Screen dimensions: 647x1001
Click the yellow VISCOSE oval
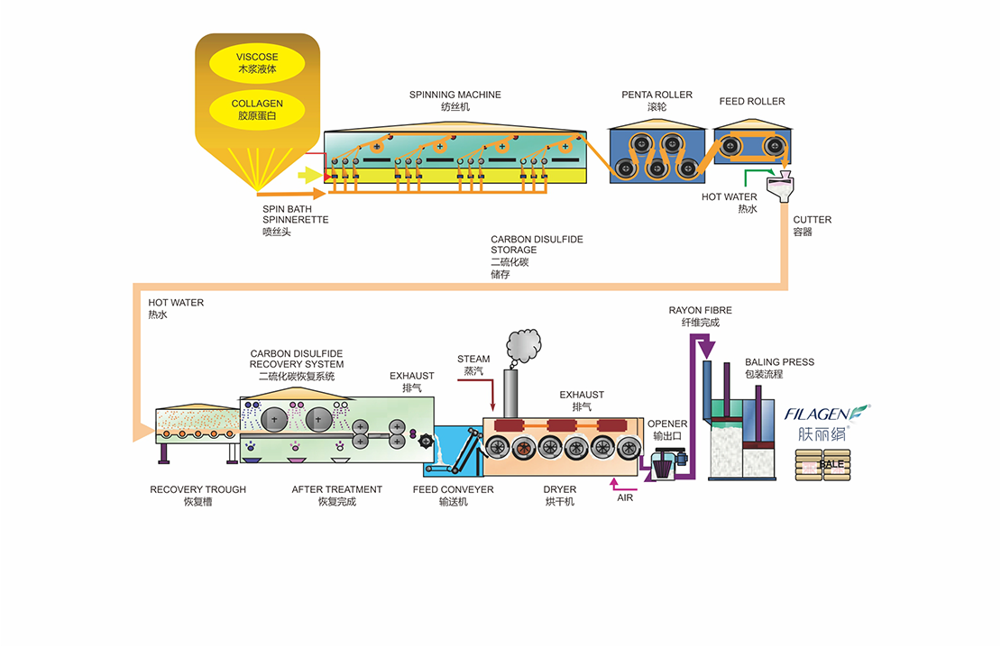coord(257,63)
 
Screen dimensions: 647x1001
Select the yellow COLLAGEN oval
coord(257,109)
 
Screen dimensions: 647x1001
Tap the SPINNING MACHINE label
coord(455,95)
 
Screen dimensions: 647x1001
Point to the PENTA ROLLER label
coord(657,95)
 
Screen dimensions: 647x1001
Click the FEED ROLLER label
coord(752,101)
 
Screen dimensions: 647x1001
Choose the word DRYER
coord(559,489)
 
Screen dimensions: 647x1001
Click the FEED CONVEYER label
coord(454,489)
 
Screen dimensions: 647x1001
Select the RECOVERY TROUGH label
coord(197,489)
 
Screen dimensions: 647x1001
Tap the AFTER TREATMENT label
coord(336,489)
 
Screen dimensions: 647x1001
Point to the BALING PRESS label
coord(779,361)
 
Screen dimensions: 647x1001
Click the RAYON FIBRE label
coord(700,310)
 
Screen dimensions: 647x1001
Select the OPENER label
coord(667,424)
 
